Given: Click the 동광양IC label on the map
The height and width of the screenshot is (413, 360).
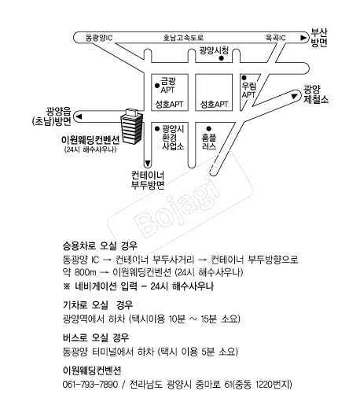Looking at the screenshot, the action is (x=99, y=38).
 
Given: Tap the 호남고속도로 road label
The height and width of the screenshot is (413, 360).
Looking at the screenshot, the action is (x=183, y=38).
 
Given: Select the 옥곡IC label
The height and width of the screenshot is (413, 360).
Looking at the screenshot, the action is (x=275, y=38).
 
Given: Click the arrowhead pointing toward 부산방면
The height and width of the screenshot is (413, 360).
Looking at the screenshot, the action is (x=303, y=38).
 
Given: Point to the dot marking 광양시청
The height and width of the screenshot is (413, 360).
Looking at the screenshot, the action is (x=222, y=58).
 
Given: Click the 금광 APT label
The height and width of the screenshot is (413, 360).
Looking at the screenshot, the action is (x=168, y=85).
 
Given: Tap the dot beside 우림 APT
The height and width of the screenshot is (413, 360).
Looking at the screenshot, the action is (x=244, y=78).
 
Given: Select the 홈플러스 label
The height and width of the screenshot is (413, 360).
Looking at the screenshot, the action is (x=209, y=142).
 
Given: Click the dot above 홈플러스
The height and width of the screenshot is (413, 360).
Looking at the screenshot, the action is (x=208, y=128).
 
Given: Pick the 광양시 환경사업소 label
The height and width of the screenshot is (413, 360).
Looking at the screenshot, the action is (x=173, y=138).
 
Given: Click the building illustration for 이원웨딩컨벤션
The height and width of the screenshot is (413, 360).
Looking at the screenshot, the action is (x=131, y=127).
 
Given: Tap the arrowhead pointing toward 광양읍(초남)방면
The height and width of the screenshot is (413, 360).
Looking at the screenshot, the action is (x=79, y=116).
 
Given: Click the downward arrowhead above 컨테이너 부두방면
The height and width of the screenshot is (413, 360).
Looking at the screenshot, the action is (x=148, y=164).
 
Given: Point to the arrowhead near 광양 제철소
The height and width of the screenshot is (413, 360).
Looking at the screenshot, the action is (x=294, y=97).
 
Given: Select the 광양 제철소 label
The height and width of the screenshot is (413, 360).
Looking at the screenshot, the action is (x=316, y=94).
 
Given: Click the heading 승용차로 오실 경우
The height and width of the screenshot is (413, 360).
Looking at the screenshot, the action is (x=100, y=246).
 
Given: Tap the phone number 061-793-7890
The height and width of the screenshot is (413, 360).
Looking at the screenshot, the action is (x=90, y=385).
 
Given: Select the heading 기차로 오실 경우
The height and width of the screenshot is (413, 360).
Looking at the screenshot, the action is (x=98, y=305).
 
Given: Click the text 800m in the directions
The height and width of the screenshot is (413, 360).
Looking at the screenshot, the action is (x=85, y=272).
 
